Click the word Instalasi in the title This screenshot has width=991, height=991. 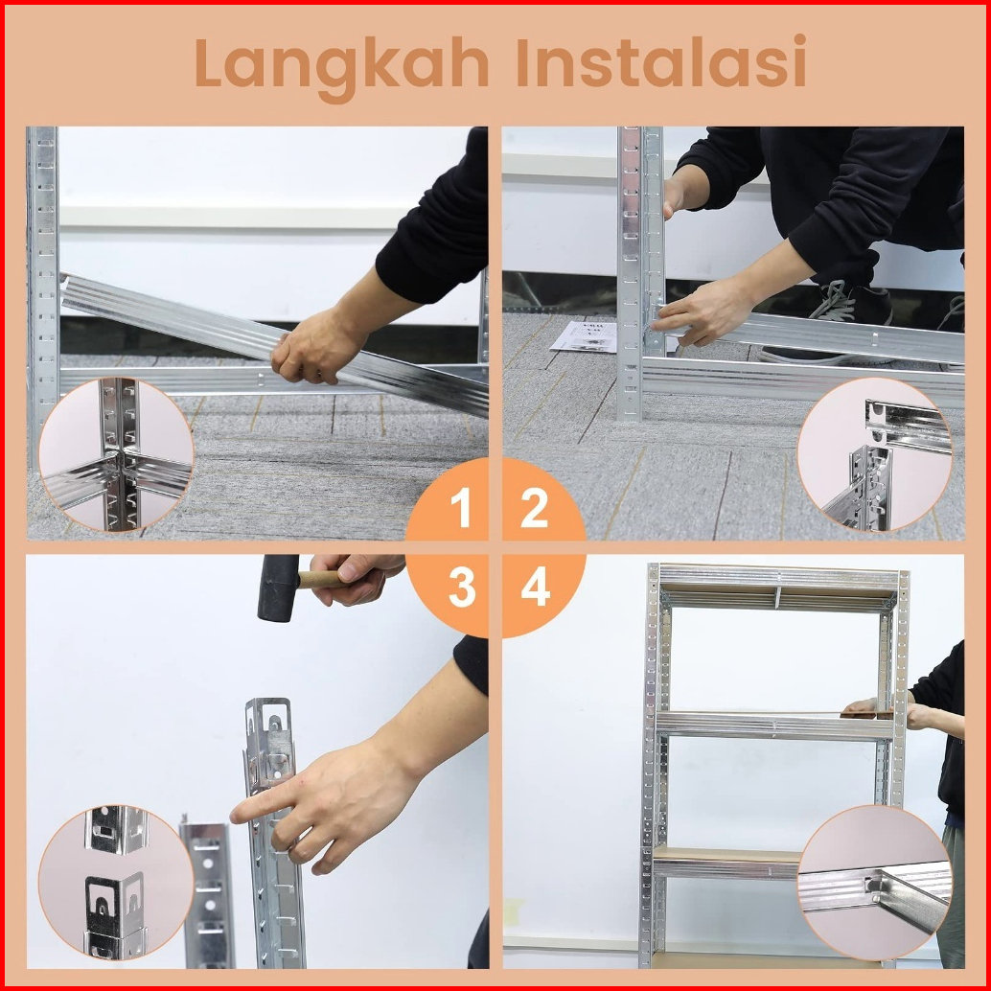(661, 62)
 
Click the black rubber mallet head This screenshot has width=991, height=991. (278, 588)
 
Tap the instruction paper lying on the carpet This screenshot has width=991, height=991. (584, 336)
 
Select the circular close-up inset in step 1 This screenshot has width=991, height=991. (116, 454)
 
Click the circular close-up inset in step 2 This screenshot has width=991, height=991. (875, 454)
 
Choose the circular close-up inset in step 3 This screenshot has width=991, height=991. (116, 883)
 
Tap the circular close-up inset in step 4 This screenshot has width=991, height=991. (875, 883)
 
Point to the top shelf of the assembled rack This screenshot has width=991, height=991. (778, 588)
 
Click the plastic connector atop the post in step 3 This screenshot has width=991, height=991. (270, 745)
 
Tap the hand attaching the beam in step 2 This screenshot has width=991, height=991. (702, 312)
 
